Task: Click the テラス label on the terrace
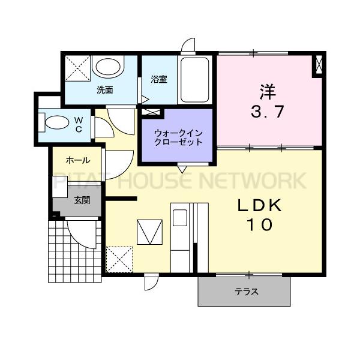pyautogui.click(x=247, y=292)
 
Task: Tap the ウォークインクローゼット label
pyautogui.click(x=178, y=137)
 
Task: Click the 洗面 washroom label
pyautogui.click(x=105, y=91)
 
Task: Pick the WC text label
pyautogui.click(x=79, y=123)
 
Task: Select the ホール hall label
pyautogui.click(x=78, y=160)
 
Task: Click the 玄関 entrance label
pyautogui.click(x=82, y=200)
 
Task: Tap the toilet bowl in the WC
pyautogui.click(x=58, y=122)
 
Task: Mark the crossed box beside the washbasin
pyautogui.click(x=77, y=68)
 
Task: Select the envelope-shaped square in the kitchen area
pyautogui.click(x=149, y=232)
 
